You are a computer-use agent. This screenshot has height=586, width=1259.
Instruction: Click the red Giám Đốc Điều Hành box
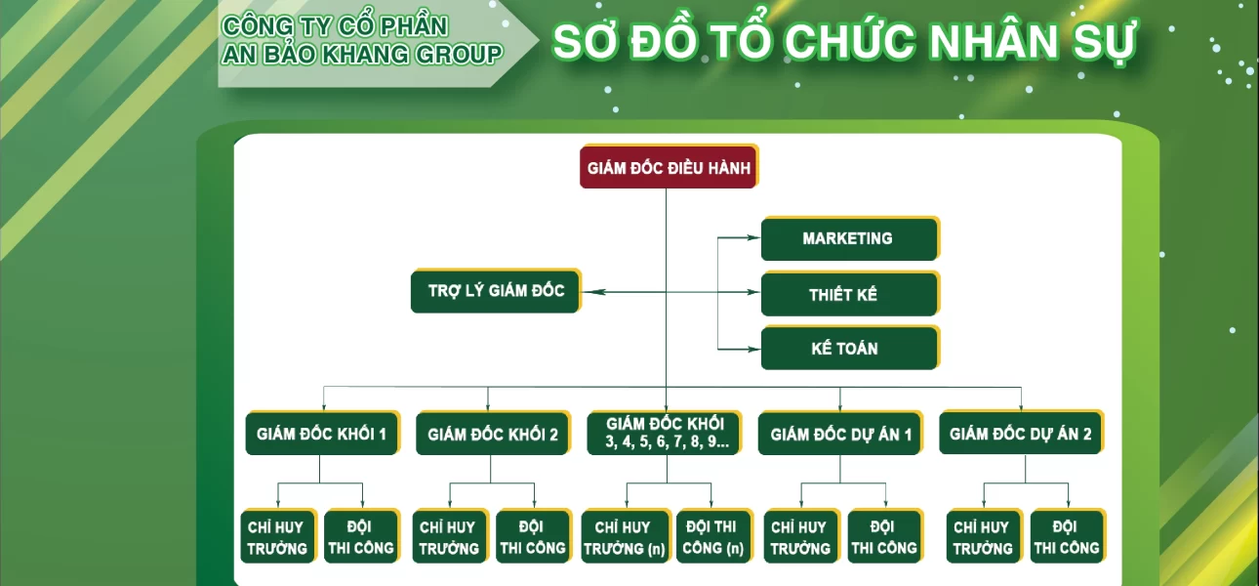pos(669,167)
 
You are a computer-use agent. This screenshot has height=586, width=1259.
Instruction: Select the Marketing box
pos(850,238)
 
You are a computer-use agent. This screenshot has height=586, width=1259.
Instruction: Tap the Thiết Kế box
pos(850,294)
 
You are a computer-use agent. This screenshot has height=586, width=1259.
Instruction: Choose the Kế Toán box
pos(850,348)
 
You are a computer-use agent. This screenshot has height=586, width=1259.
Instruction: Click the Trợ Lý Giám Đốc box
pos(496,291)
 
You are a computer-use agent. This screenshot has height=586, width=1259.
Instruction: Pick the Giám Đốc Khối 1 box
pos(323,433)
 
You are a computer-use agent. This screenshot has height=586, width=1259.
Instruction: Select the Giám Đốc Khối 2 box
pos(494,433)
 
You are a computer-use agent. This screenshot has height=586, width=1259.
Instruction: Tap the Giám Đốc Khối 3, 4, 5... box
pos(665,433)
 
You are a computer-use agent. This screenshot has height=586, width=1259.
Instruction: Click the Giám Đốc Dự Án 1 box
pos(840,433)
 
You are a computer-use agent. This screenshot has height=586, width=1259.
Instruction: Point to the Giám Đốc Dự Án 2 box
pos(1021,433)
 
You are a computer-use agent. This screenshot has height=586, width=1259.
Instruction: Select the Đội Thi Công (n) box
pos(713,536)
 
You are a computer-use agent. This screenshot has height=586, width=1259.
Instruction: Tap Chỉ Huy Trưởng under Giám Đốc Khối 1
pos(278,536)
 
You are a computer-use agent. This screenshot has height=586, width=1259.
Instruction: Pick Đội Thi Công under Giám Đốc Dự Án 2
pos(1068,536)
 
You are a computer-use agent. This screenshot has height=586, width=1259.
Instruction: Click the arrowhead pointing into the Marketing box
pos(753,238)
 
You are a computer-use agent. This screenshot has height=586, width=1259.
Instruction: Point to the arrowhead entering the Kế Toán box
pos(753,350)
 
